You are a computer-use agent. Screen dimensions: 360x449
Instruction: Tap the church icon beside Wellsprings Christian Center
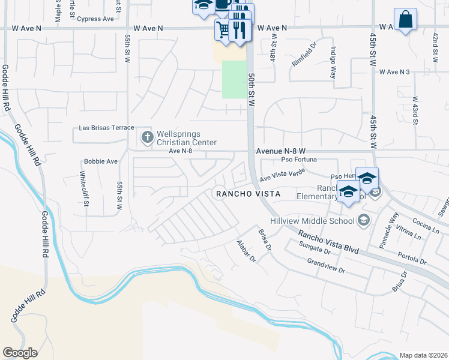point(146,137)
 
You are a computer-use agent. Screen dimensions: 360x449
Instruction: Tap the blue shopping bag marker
point(405,19)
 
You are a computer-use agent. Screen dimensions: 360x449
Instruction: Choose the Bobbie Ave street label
point(101,161)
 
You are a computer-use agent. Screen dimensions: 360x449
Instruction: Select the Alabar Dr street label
point(246,251)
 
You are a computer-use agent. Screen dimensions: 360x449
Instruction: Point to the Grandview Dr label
point(326,266)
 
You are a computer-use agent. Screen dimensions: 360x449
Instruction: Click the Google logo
point(20,353)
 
